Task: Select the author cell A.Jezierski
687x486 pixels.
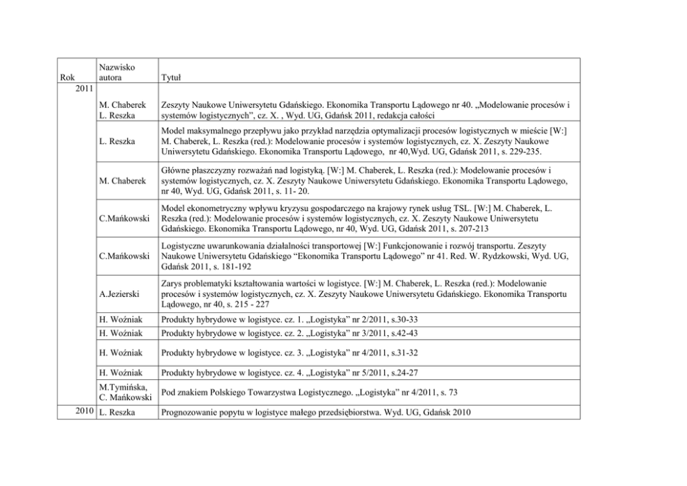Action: [119, 294]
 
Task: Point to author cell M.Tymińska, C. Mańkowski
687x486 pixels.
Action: [123, 393]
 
